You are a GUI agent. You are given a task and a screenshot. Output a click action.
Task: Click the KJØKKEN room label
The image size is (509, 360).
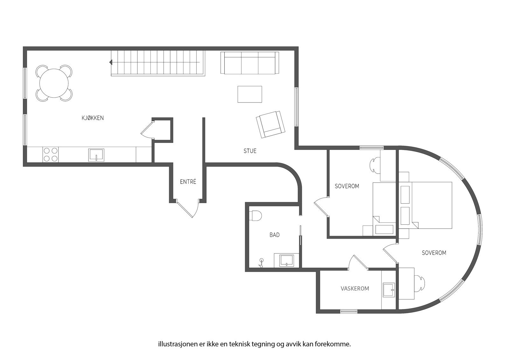pos(93,118)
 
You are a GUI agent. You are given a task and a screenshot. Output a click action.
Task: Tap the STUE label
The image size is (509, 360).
pos(250,151)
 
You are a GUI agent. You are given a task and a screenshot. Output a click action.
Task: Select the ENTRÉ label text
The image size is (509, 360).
pos(188,182)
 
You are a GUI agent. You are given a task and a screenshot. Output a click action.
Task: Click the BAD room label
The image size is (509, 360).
pos(275,235)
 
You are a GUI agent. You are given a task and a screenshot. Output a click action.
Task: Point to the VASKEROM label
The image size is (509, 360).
pos(355,289)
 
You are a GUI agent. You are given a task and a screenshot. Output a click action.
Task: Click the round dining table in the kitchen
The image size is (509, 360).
pos(54,83)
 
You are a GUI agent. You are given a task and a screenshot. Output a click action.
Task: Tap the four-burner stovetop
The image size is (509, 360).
pos(50,154)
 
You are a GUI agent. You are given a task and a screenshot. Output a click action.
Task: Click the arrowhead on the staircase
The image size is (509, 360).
pos(111,62)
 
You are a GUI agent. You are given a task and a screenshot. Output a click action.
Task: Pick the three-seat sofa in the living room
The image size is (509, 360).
pos(250,63)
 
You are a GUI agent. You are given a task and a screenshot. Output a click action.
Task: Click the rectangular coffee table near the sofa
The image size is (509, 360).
pos(250,94)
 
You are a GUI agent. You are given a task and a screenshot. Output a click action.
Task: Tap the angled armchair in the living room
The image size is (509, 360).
pos(270,124)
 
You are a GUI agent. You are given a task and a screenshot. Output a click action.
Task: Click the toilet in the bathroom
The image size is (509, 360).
pos(256,215)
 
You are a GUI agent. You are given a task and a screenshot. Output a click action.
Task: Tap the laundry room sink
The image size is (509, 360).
pos(388,290)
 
